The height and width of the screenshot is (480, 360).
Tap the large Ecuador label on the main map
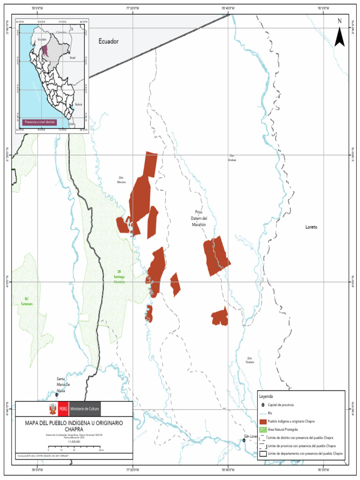108,41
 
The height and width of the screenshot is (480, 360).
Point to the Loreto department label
311,227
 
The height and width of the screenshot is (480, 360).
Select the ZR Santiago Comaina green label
119,276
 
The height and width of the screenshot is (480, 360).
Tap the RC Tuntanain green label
27,301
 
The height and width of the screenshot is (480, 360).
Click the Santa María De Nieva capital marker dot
57,395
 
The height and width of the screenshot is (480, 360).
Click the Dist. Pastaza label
250,360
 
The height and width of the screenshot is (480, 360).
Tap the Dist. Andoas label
232,158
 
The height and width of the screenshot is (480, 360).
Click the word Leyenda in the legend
266,396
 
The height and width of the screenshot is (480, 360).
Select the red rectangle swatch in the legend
263,421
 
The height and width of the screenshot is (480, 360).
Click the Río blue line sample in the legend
263,413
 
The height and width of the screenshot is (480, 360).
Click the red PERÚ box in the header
63,409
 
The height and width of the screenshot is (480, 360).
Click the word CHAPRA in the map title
74,428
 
